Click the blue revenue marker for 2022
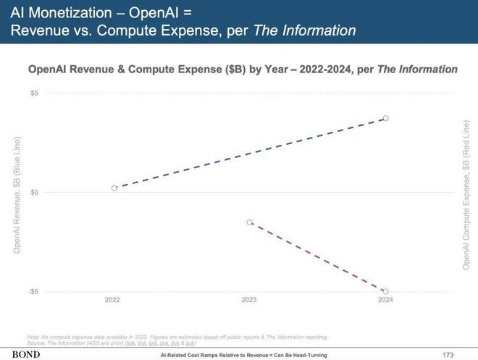pyautogui.click(x=114, y=188)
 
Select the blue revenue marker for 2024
pyautogui.click(x=386, y=118)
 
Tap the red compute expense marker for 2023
pyautogui.click(x=250, y=222)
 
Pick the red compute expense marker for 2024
pyautogui.click(x=386, y=291)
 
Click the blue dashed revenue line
pyautogui.click(x=250, y=153)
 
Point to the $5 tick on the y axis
pyautogui.click(x=35, y=93)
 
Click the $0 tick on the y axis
pyautogui.click(x=35, y=192)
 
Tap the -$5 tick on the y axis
pyautogui.click(x=34, y=291)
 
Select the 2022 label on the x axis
pyautogui.click(x=112, y=300)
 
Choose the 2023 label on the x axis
pyautogui.click(x=248, y=300)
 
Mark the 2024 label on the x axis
pyautogui.click(x=385, y=300)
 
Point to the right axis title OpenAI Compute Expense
pyautogui.click(x=466, y=196)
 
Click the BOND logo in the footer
pyautogui.click(x=25, y=354)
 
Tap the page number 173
pyautogui.click(x=448, y=354)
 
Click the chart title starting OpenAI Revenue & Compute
pyautogui.click(x=242, y=70)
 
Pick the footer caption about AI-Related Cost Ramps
pyautogui.click(x=243, y=355)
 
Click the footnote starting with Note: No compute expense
pyautogui.click(x=177, y=337)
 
